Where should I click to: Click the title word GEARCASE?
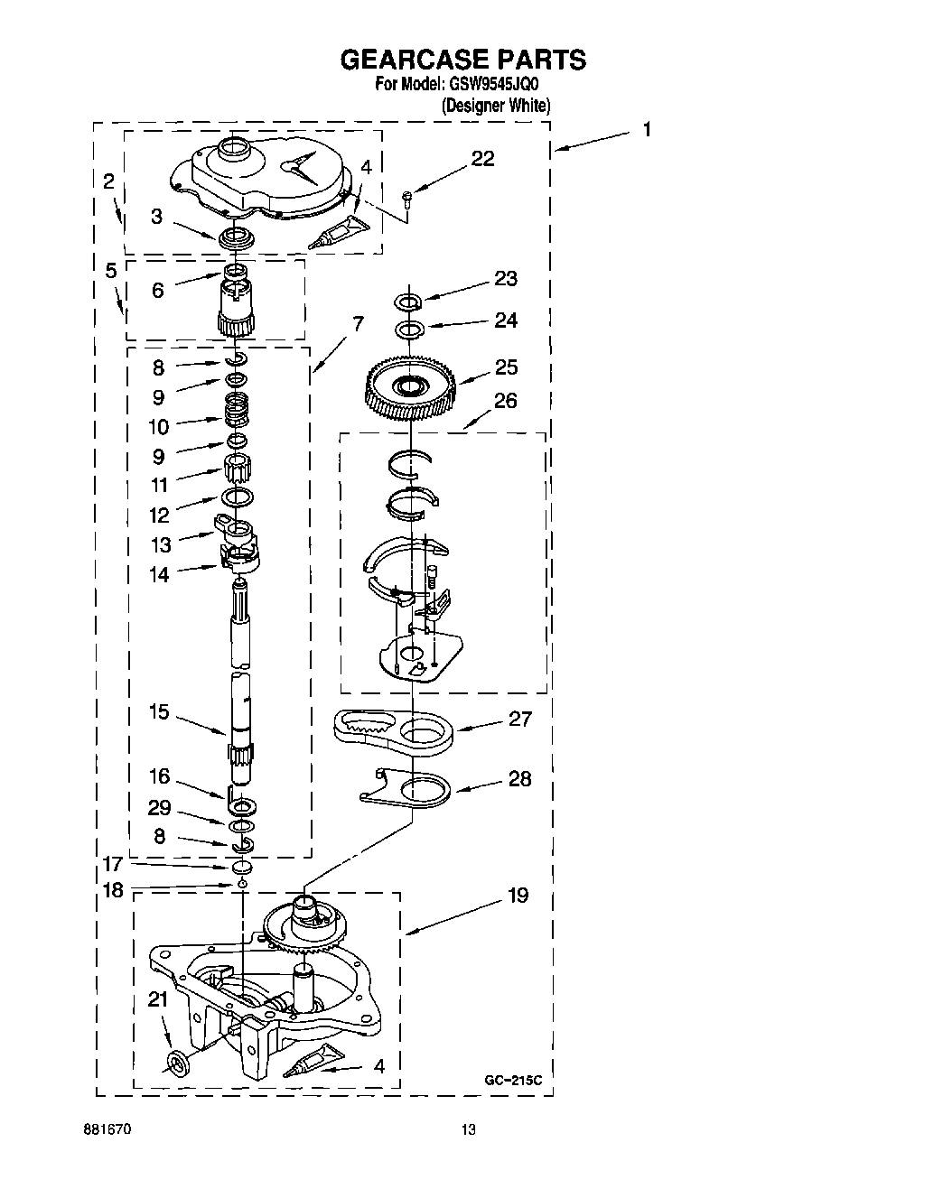[412, 60]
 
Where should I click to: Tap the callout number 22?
[482, 159]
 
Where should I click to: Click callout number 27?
[520, 720]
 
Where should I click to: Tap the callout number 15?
[159, 712]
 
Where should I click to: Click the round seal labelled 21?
[178, 1063]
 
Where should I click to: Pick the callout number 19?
[518, 896]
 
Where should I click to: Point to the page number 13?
[468, 1129]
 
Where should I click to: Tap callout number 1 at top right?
[647, 129]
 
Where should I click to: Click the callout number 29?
[159, 808]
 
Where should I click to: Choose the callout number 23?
[506, 278]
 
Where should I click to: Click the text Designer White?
[495, 106]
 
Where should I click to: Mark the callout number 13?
[160, 544]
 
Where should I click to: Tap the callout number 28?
[520, 778]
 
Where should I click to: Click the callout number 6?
[158, 291]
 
